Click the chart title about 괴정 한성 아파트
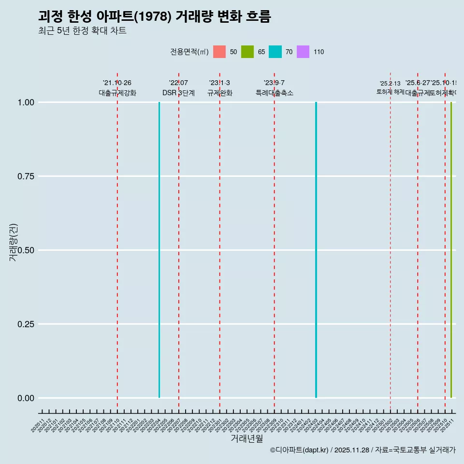(x=154, y=16)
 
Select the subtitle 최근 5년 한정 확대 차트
(x=82, y=31)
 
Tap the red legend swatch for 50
(x=219, y=52)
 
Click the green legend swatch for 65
(x=247, y=52)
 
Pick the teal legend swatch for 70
(x=275, y=52)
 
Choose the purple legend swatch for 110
(x=303, y=52)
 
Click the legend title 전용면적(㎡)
(x=189, y=52)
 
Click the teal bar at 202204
(x=159, y=250)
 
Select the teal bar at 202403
(x=316, y=250)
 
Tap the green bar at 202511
(x=451, y=250)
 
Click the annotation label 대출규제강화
(x=117, y=93)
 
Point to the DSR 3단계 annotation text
(x=178, y=93)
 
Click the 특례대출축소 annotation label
(x=275, y=93)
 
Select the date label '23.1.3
(x=219, y=83)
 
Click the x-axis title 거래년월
(x=246, y=438)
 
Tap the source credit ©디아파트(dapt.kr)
(x=300, y=450)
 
